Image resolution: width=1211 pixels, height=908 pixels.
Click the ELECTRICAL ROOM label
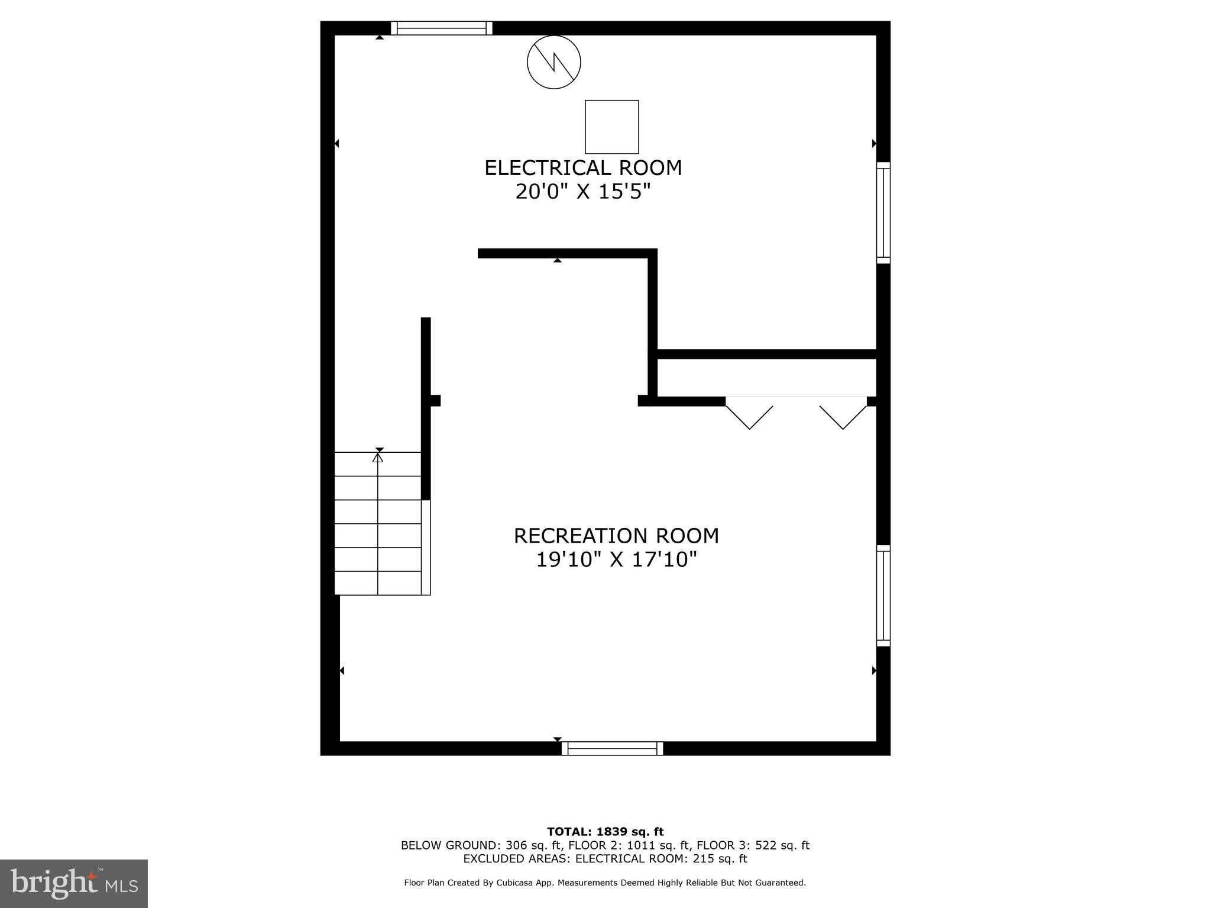(583, 168)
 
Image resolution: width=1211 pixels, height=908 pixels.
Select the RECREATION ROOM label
(616, 536)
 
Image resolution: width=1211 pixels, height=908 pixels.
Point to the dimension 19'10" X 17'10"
(616, 559)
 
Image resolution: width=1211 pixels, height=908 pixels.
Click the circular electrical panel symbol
(553, 62)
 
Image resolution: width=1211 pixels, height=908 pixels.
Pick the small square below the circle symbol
(611, 127)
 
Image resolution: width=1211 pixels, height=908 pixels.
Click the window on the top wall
(441, 28)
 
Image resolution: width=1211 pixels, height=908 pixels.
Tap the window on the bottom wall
(612, 748)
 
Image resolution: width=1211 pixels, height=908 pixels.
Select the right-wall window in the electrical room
(883, 213)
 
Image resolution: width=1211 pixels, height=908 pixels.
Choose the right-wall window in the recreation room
(883, 595)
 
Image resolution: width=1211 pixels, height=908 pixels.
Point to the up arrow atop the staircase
(378, 457)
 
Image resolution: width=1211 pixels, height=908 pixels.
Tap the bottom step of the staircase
(378, 583)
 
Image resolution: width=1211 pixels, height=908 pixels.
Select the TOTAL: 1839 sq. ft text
(605, 832)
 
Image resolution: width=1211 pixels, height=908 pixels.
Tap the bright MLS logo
(74, 883)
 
